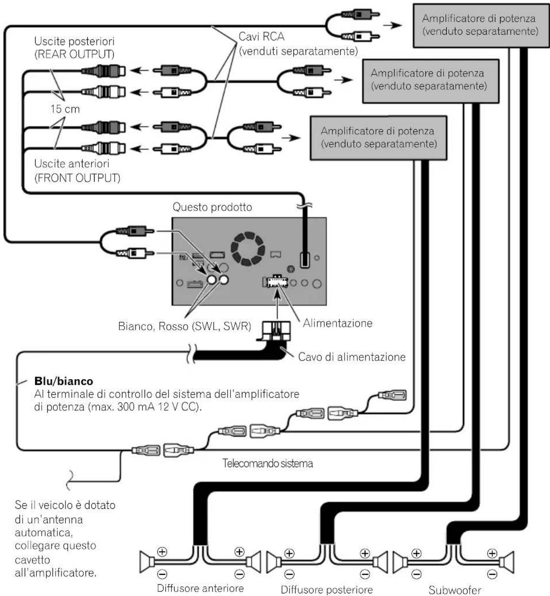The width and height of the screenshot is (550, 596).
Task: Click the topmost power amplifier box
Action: tap(481, 25)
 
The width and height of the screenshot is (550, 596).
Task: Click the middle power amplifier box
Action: tap(431, 81)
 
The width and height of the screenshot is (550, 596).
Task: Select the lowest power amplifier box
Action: tap(379, 138)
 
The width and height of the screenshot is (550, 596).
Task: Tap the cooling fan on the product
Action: tap(248, 249)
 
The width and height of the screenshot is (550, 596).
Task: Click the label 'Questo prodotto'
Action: tap(212, 207)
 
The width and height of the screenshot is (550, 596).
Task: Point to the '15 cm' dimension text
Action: tap(65, 108)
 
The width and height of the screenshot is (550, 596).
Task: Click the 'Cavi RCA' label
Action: tap(261, 36)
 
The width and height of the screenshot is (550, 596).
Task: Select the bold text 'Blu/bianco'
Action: tap(64, 381)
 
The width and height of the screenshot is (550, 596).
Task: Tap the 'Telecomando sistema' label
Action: tap(267, 463)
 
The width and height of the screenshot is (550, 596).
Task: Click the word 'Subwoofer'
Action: tap(454, 589)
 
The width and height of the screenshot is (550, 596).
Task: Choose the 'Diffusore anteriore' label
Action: tap(201, 588)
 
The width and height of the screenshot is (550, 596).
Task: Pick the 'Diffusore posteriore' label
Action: tap(326, 589)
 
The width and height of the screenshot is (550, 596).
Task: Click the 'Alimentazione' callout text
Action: tap(337, 323)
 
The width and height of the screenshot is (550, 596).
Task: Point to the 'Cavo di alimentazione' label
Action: tap(352, 357)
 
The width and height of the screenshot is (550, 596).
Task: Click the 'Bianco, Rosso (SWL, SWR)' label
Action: tap(184, 326)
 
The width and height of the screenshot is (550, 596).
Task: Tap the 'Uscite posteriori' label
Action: tap(74, 41)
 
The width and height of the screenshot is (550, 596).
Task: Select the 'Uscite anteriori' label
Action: tap(72, 164)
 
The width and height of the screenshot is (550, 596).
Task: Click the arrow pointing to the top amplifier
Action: tap(392, 25)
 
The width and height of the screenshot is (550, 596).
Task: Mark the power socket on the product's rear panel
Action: tap(277, 281)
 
